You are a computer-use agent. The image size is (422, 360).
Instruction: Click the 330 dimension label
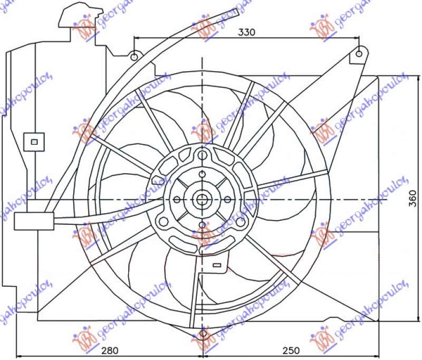[x=246, y=32]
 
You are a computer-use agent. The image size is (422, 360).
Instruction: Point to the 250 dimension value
[x=290, y=350]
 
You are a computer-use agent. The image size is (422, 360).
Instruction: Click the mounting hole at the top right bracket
[x=359, y=53]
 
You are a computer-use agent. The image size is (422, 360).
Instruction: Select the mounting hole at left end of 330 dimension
[x=135, y=55]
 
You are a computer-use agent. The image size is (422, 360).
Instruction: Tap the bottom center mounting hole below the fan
[x=204, y=334]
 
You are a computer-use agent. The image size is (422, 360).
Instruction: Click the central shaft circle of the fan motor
[x=203, y=200]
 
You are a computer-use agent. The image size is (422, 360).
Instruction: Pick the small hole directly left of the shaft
[x=178, y=200]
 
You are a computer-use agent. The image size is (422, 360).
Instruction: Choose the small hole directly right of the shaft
[x=227, y=200]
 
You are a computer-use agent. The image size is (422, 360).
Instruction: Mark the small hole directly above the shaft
[x=203, y=174]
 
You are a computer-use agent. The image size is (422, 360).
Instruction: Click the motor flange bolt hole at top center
[x=203, y=155]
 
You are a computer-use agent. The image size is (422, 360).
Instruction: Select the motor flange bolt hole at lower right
[x=241, y=222]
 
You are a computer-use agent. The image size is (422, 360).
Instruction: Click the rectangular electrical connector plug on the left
[x=33, y=221]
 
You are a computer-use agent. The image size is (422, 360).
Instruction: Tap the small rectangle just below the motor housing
[x=216, y=262]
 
